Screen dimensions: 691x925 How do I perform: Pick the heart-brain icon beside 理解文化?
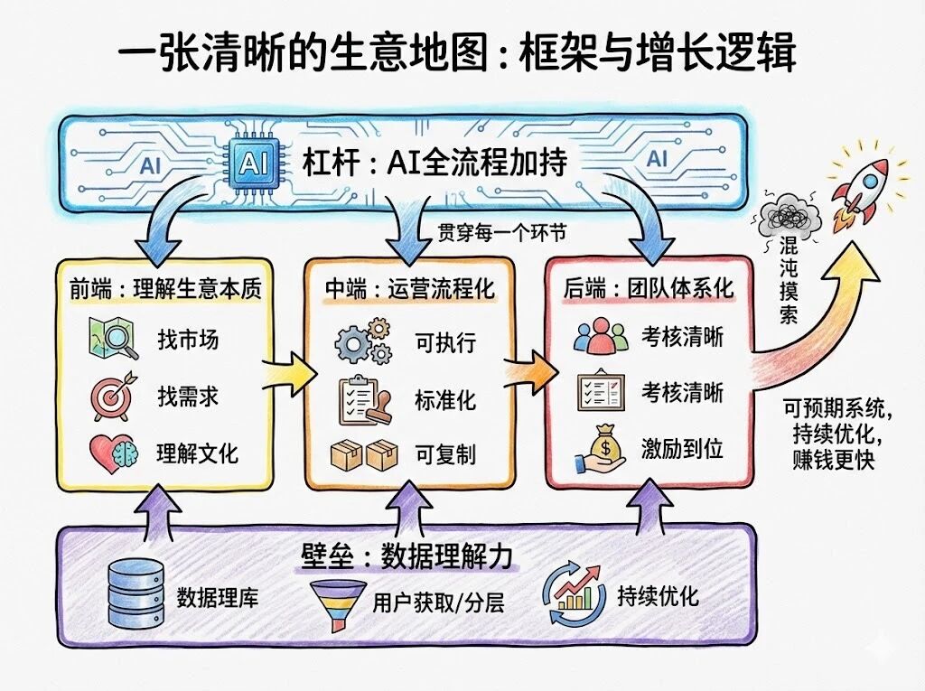click(x=114, y=452)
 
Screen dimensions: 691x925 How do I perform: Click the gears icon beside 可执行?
click(x=363, y=343)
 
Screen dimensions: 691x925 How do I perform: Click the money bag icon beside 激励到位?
click(x=600, y=450)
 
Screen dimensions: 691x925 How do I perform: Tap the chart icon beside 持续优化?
click(x=574, y=592)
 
